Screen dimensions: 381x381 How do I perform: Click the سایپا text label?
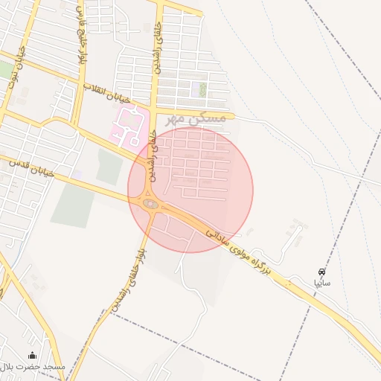321,283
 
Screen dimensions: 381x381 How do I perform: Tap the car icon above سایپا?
321,272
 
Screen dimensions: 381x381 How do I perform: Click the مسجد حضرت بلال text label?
33,367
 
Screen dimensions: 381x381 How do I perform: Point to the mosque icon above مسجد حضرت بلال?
32,355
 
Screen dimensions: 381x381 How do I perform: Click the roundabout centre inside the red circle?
150,204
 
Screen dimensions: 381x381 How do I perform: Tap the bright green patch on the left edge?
6,71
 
